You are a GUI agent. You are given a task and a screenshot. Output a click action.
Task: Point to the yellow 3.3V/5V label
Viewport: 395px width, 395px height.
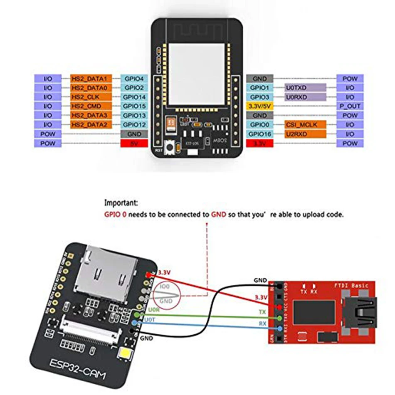pyautogui.click(x=259, y=106)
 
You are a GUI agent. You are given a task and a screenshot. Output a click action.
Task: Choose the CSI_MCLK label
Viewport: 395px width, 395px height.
pyautogui.click(x=305, y=124)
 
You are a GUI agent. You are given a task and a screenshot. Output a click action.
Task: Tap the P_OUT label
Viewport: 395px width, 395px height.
pyautogui.click(x=350, y=106)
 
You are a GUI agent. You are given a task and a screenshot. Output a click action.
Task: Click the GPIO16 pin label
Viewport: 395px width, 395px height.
pyautogui.click(x=259, y=134)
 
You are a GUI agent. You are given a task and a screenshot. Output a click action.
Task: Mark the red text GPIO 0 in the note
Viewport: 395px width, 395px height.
pyautogui.click(x=117, y=215)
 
